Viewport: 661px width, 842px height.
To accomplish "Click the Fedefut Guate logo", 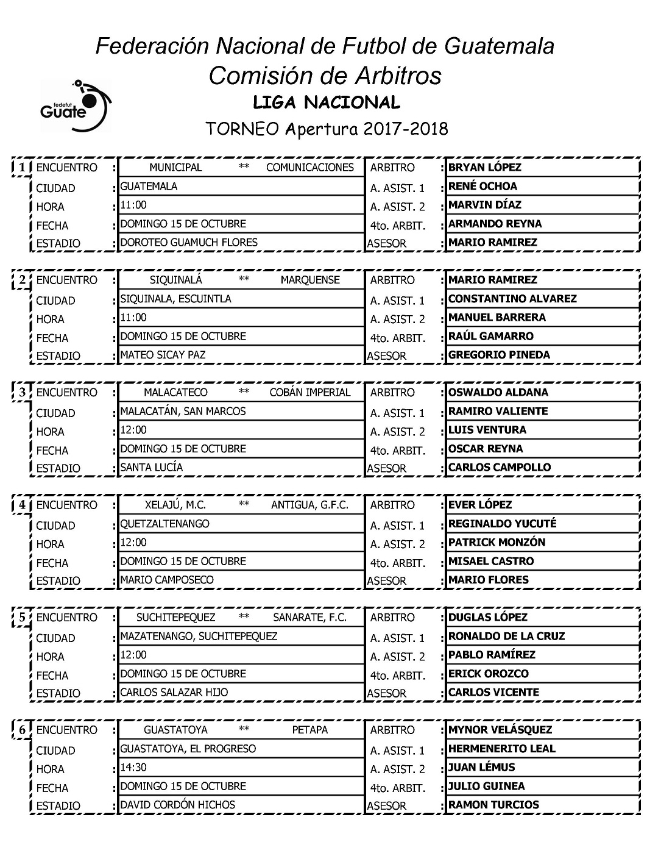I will coord(76,105).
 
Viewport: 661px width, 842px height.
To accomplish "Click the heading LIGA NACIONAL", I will coord(326,102).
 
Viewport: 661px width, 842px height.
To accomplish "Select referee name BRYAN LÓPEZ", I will coord(484,168).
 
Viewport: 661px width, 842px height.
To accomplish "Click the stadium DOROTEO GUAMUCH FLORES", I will coord(189,242).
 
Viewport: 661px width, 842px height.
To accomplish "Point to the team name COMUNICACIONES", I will coord(309,168).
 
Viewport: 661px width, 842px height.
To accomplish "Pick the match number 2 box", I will coord(22,280).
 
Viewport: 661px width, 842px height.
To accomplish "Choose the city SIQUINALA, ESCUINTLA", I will coord(175,299).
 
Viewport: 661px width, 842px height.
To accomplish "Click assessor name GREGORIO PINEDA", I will coord(499,355).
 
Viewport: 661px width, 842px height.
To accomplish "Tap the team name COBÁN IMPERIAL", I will coord(309,393).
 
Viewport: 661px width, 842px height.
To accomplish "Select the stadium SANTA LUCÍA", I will coord(151,467).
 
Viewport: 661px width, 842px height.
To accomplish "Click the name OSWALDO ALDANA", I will coord(498,393).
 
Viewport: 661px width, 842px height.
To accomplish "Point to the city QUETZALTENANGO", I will coord(164,524).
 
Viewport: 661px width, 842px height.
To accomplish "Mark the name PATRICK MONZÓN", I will coord(497,543).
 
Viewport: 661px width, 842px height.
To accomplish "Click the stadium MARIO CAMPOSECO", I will coord(167,580).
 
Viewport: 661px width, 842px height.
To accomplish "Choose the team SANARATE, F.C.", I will coord(309,618).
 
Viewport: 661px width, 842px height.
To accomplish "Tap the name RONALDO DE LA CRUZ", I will coord(506,637).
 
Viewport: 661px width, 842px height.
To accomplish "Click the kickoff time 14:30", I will coord(133,768).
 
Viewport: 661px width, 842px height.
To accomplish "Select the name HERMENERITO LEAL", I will coord(501,749).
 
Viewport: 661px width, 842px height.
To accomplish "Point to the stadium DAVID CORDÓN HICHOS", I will coord(177,805).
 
